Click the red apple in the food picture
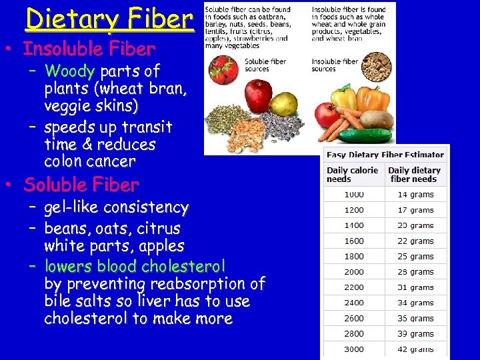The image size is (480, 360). click(x=257, y=95)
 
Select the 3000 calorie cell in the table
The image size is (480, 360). click(x=354, y=349)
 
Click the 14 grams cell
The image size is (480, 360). click(x=415, y=195)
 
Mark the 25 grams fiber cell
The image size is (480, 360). click(x=415, y=257)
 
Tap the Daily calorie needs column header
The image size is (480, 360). click(x=353, y=175)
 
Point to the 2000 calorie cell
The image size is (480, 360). click(x=354, y=272)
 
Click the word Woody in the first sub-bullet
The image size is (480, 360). click(x=70, y=71)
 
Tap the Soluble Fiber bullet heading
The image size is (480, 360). click(x=81, y=185)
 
